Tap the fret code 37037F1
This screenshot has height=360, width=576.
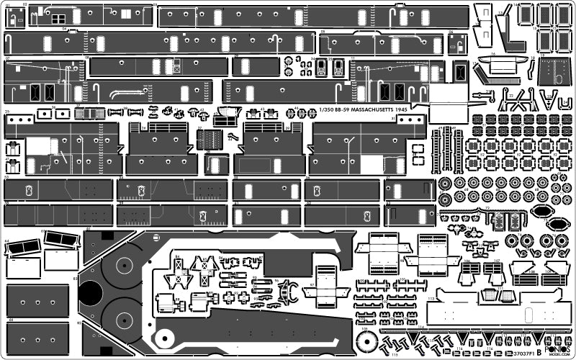517,353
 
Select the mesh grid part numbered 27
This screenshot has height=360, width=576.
210,140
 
